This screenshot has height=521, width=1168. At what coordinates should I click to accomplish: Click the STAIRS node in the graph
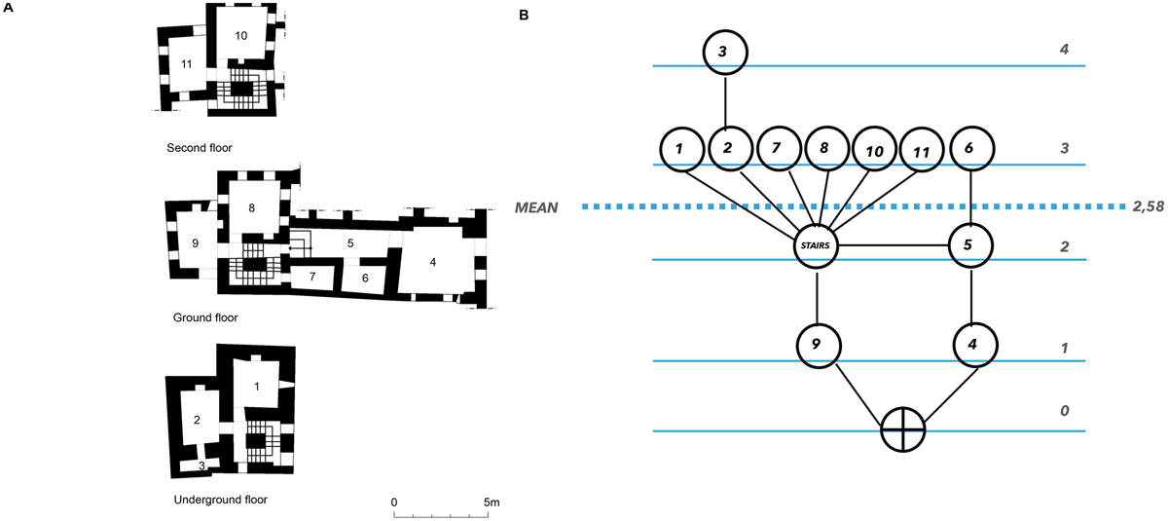(816, 245)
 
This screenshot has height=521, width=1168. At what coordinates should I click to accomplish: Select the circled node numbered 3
(725, 53)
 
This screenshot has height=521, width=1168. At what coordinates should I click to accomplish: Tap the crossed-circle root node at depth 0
(902, 429)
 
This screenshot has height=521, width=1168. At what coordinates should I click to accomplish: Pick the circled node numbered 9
(819, 346)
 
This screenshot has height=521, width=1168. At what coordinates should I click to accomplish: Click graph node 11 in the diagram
(922, 150)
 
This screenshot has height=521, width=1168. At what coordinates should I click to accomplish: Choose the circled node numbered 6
(971, 148)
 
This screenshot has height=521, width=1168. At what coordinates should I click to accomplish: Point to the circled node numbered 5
(969, 245)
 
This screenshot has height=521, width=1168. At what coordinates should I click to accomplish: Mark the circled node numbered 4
(974, 345)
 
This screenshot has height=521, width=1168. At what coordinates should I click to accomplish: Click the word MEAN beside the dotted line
(536, 207)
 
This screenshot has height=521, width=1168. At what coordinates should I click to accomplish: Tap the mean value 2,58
(1148, 207)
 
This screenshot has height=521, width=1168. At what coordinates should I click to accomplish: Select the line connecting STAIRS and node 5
(893, 245)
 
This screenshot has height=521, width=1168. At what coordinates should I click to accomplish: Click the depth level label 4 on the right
(1064, 50)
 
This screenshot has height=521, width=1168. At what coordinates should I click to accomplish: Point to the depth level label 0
(1064, 411)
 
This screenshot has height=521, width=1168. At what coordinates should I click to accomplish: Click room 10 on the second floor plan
(241, 36)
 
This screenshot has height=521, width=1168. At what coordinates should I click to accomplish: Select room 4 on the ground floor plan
(433, 262)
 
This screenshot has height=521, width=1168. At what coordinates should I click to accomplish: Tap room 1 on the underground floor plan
(257, 387)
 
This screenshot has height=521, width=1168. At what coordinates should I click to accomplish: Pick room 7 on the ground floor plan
(312, 277)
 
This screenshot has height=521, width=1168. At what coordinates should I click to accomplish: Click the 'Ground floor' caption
(205, 317)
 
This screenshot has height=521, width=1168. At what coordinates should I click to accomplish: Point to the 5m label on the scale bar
(492, 502)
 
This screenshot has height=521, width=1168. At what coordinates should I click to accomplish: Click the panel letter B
(524, 16)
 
